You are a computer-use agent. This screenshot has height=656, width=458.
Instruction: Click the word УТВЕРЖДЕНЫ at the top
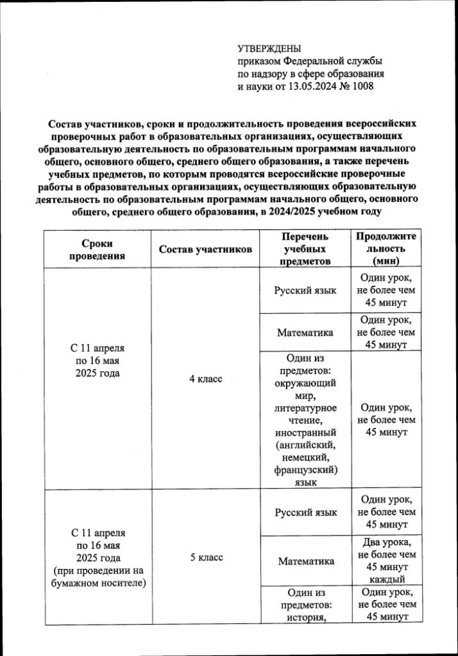tap(269, 49)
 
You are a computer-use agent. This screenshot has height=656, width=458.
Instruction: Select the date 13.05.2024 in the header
tap(303, 86)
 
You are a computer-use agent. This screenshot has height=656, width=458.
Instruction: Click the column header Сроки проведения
tap(97, 249)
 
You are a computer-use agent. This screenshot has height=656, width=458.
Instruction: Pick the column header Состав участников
tap(205, 249)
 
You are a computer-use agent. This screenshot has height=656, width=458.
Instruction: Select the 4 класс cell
tap(205, 379)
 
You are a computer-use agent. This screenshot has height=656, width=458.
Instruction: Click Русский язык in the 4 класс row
tap(305, 290)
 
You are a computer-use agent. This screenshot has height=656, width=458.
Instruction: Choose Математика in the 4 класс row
tap(305, 332)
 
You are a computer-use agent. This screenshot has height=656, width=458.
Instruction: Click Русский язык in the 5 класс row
tap(305, 512)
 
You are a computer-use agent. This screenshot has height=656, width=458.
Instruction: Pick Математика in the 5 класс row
tap(306, 561)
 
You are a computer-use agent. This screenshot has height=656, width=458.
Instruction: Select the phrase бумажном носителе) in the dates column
tap(98, 582)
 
